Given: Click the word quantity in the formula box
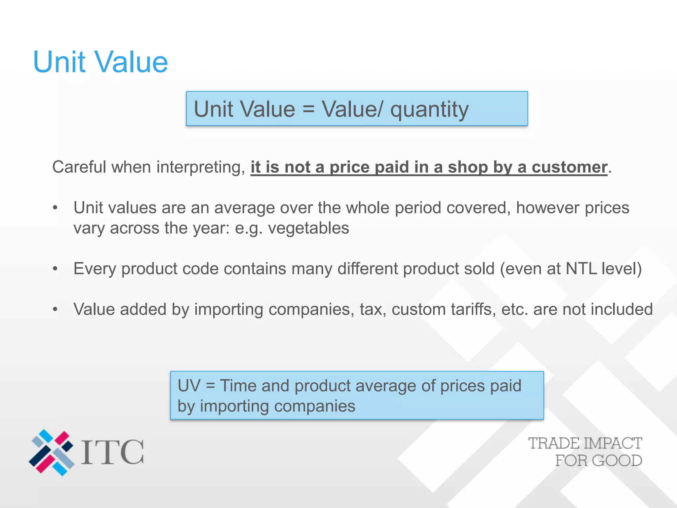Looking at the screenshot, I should (x=429, y=110).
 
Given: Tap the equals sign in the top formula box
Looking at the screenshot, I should (x=308, y=109).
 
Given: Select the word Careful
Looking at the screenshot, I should (x=79, y=167).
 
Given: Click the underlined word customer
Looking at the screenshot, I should (x=569, y=167).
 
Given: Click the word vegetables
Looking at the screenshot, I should (x=308, y=228).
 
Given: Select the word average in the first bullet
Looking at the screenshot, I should (x=244, y=208).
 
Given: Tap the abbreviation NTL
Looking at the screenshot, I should (x=581, y=269).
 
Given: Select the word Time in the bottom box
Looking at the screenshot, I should (x=238, y=386).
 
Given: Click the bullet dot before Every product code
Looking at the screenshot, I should (x=55, y=269).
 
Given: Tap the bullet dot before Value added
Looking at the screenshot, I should (x=55, y=310).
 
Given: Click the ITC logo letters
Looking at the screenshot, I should (x=112, y=452).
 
